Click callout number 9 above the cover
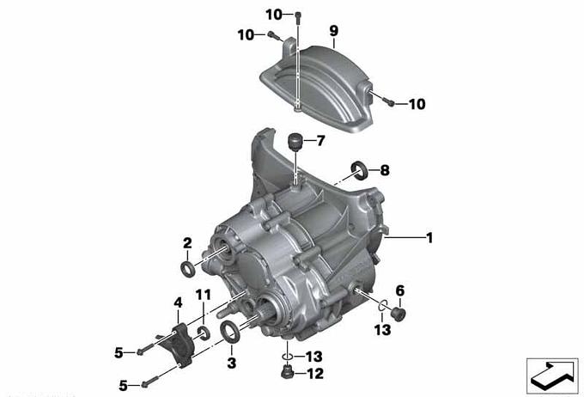[x=334, y=31]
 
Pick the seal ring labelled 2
[x=187, y=268]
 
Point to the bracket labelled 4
[x=179, y=344]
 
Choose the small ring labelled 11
[x=204, y=333]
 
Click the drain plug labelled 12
[x=286, y=373]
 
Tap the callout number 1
[x=429, y=237]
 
